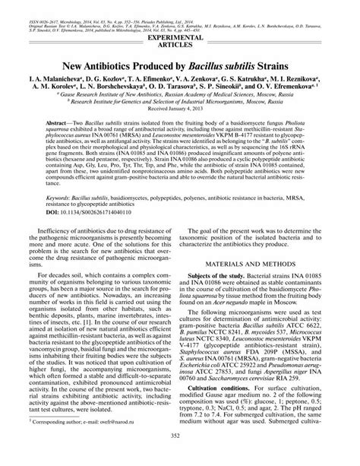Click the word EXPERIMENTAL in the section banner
pos(179,36)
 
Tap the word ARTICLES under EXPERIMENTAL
pos(179,44)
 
